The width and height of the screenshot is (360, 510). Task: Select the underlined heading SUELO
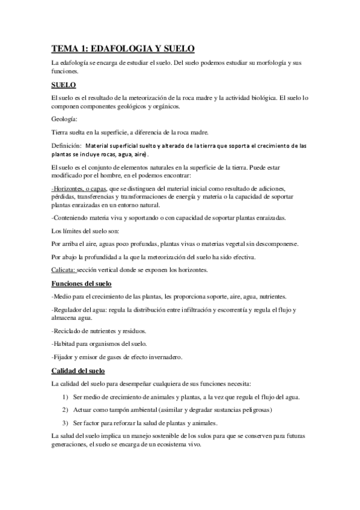point(63,85)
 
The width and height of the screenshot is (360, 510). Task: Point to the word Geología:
point(64,119)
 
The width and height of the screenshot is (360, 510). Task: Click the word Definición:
point(66,146)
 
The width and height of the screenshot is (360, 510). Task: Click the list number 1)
point(66,397)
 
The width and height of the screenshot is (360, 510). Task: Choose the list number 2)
point(66,410)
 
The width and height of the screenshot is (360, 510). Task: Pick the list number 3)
point(66,422)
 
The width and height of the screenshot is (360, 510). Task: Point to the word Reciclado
point(69,331)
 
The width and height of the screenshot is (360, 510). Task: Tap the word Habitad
point(67,343)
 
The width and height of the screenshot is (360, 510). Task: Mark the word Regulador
point(70,310)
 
